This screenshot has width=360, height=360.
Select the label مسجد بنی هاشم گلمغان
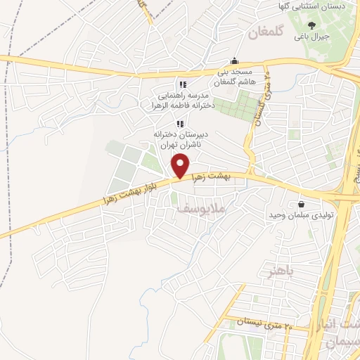pyautogui.click(x=235, y=77)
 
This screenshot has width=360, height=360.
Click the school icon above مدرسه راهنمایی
pyautogui.click(x=182, y=84)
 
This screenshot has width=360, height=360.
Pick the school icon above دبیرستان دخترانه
pyautogui.click(x=179, y=124)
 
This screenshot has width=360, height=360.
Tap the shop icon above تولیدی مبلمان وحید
pyautogui.click(x=302, y=202)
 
